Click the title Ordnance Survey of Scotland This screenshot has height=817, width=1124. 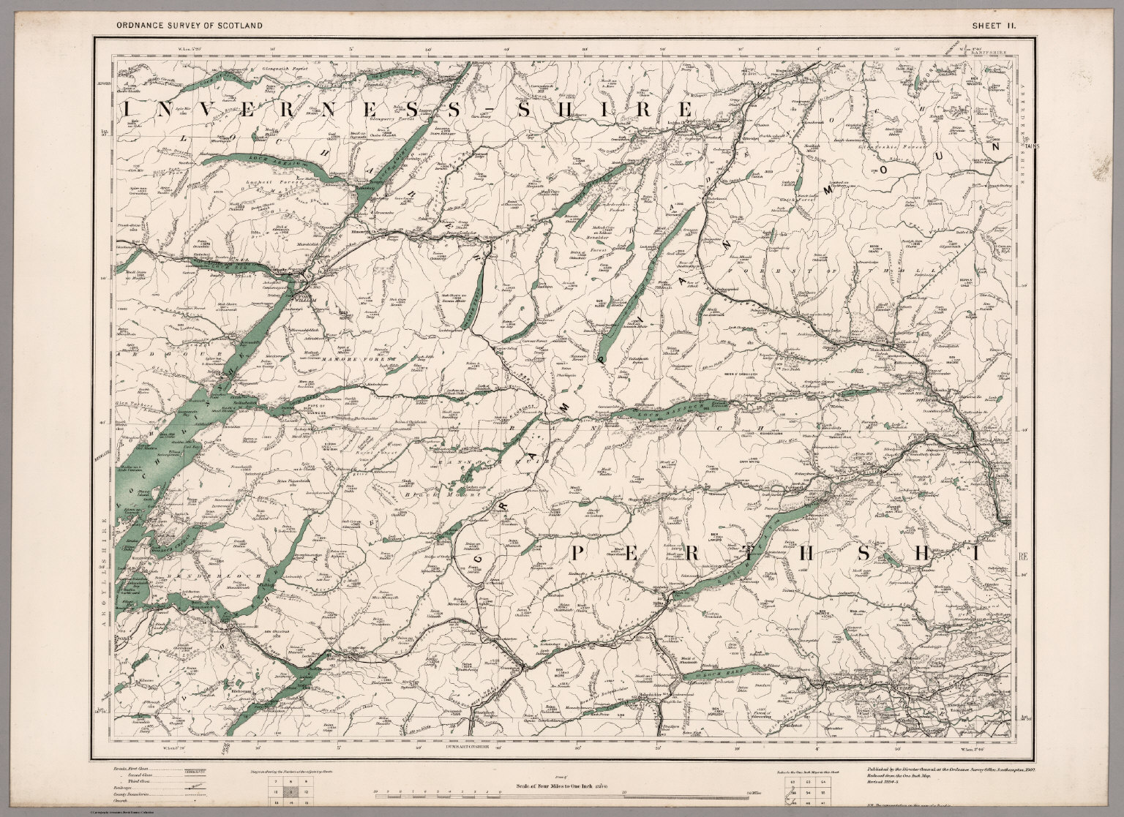coord(189,26)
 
